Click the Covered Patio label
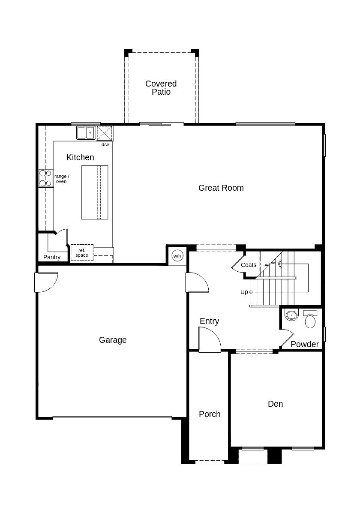tap(161, 88)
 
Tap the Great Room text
tap(221, 188)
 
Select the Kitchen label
tap(80, 157)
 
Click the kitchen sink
tap(86, 133)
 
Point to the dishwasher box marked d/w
tap(105, 133)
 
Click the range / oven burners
tap(46, 178)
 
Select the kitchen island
tap(95, 192)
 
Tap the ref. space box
tap(82, 252)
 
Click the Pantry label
tap(52, 257)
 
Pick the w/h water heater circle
tap(177, 255)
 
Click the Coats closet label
tap(249, 265)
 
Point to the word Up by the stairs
tap(244, 292)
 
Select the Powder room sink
tap(291, 315)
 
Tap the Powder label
tap(304, 344)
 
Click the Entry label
tap(209, 321)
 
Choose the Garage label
tap(113, 340)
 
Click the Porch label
tap(210, 414)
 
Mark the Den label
tap(275, 404)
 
